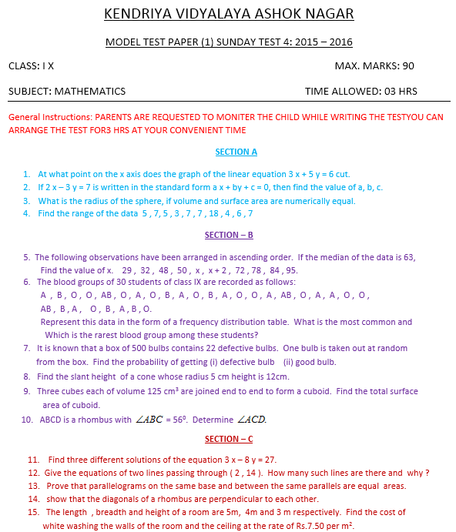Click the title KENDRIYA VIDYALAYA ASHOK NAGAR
(x=228, y=15)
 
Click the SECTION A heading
(x=236, y=152)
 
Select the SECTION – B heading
(x=229, y=234)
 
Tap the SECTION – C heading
(x=229, y=439)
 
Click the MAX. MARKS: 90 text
(x=374, y=66)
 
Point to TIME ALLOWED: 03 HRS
(x=361, y=91)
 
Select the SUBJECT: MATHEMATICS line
(x=67, y=91)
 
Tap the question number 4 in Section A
(x=27, y=213)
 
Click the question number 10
(x=27, y=420)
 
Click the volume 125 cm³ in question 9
(x=149, y=391)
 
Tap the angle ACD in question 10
(x=252, y=420)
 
